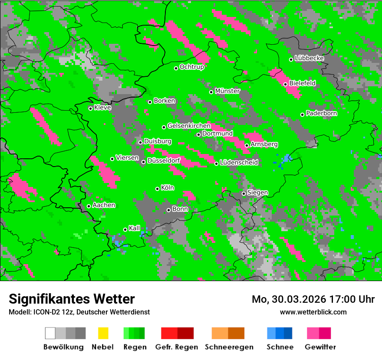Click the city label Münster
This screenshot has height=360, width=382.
227,91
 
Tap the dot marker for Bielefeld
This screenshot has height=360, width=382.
285,84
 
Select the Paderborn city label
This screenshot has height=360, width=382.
322,113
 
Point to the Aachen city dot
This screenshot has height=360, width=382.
89,206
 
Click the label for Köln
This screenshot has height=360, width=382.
168,188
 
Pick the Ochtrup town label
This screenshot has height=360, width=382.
192,67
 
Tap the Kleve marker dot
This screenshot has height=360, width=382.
90,108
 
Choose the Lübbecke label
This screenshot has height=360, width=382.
310,58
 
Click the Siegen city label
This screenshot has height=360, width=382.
258,192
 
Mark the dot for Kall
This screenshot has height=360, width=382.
125,229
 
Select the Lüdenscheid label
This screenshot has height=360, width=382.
239,162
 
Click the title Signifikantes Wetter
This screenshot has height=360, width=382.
72,299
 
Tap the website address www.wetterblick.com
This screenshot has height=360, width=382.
313,312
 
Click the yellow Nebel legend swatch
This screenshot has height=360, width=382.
103,333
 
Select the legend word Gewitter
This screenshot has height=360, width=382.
320,347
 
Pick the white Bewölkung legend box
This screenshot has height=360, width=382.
50,333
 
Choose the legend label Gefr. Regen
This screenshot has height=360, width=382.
177,347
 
